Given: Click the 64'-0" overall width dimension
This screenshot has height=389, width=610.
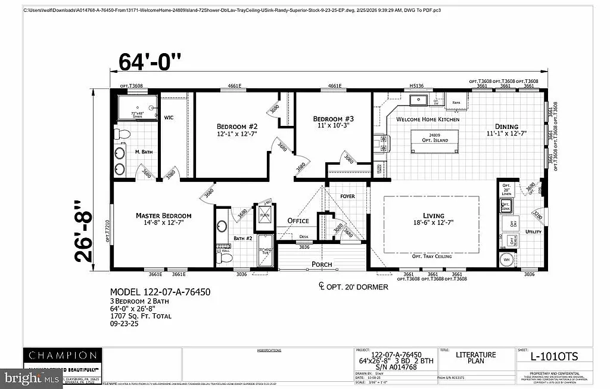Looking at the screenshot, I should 150,61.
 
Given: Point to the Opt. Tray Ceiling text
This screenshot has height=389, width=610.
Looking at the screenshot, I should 432,256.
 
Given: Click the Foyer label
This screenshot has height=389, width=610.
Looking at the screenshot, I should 347,196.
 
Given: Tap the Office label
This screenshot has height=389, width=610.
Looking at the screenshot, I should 298,221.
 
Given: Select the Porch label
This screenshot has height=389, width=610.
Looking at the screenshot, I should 322,264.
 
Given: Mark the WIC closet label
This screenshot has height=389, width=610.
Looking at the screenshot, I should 169,118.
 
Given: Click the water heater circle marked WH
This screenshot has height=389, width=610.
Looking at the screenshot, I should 508,260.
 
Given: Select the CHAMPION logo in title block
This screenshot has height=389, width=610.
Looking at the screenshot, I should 61,356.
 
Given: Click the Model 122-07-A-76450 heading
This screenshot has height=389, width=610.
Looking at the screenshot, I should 160,292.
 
